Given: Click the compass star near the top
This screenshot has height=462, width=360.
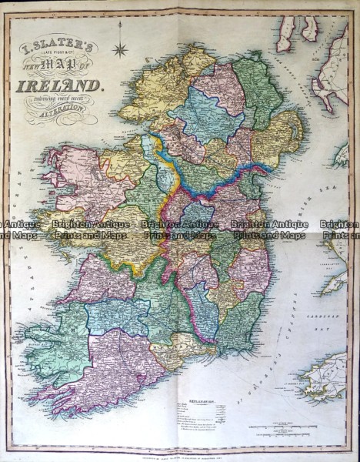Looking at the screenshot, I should click(119, 50).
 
